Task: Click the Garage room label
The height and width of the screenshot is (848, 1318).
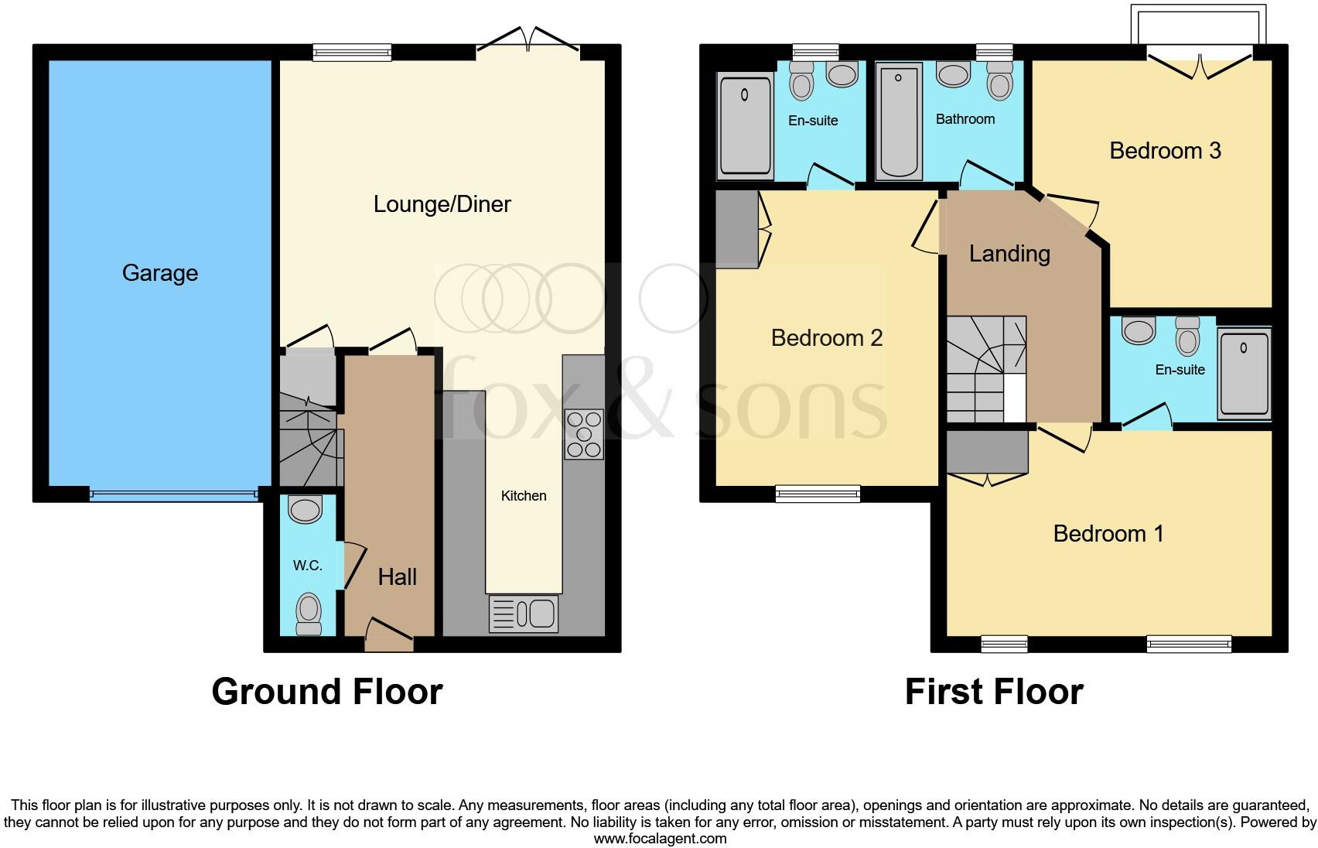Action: pyautogui.click(x=160, y=273)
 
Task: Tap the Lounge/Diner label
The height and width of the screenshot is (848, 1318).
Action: pyautogui.click(x=442, y=204)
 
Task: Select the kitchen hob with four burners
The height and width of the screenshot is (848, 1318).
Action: pyautogui.click(x=584, y=434)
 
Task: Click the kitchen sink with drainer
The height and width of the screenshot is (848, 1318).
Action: pyautogui.click(x=524, y=614)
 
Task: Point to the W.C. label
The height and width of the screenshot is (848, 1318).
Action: pyautogui.click(x=307, y=566)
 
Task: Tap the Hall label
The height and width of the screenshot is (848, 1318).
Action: pyautogui.click(x=398, y=576)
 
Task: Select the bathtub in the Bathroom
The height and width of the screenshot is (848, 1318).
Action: pyautogui.click(x=899, y=121)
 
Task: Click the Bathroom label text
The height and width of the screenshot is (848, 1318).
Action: pyautogui.click(x=965, y=119)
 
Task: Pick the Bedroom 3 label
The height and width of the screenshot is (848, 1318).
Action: pyautogui.click(x=1165, y=150)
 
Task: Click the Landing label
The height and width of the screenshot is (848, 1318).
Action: pyautogui.click(x=1009, y=254)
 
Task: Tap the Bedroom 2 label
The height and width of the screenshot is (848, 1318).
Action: pyautogui.click(x=827, y=338)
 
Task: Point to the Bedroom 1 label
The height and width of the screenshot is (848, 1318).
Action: pyautogui.click(x=1108, y=533)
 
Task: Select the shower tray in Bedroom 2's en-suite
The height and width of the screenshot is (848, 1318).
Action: pyautogui.click(x=746, y=125)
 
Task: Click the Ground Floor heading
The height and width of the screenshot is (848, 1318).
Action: pyautogui.click(x=327, y=691)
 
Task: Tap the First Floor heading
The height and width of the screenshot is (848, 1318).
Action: pyautogui.click(x=994, y=691)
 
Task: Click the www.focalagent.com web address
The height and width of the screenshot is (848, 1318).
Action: pyautogui.click(x=660, y=838)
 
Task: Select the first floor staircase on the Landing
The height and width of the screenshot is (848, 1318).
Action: pyautogui.click(x=982, y=370)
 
